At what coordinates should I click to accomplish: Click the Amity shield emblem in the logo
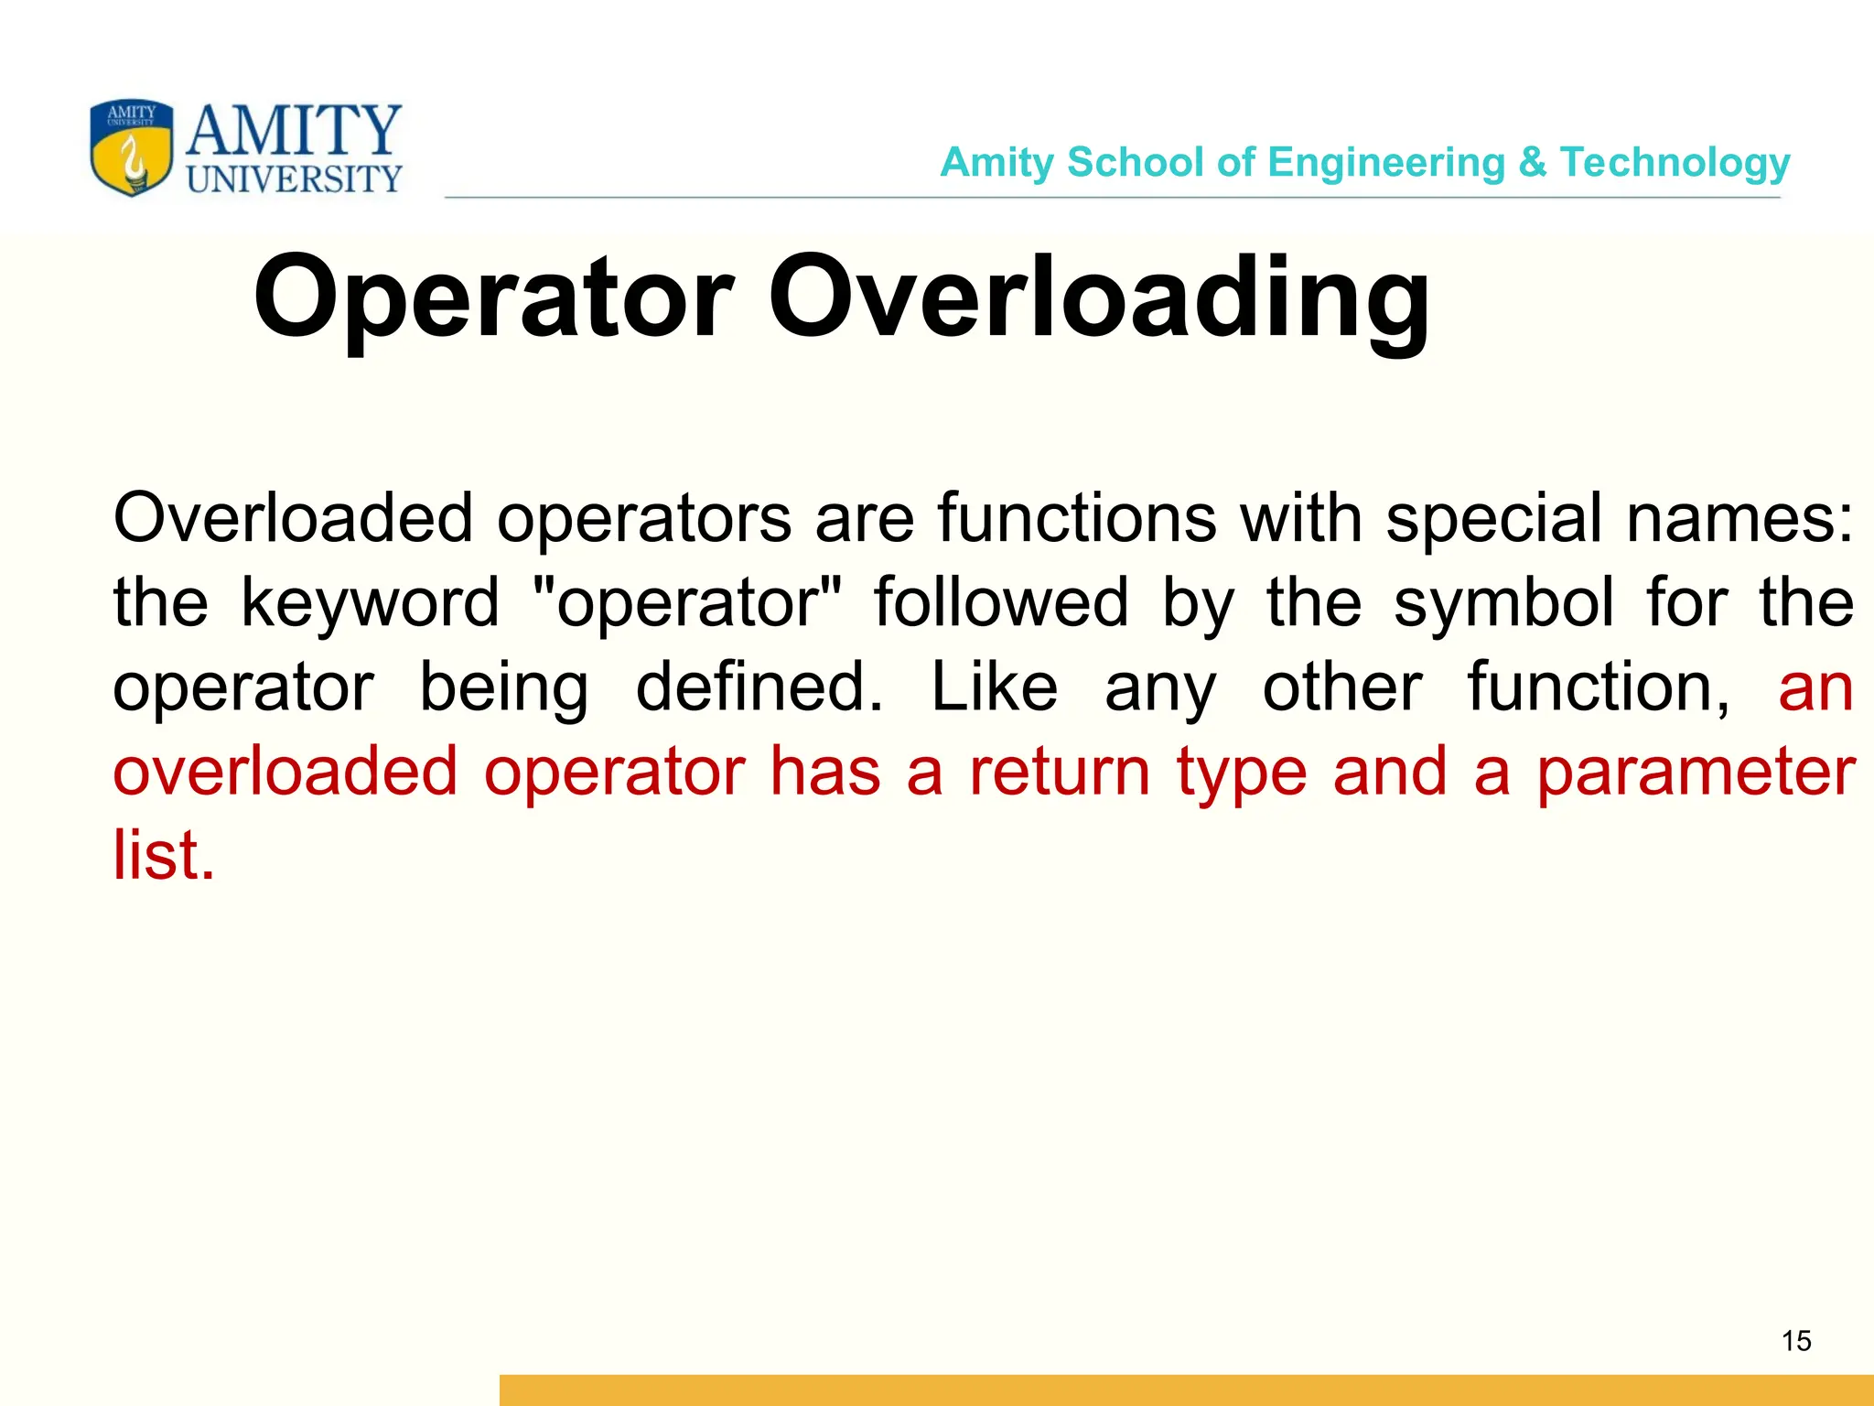(132, 147)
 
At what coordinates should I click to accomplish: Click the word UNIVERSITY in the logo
(294, 179)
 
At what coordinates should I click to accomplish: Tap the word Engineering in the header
(1386, 163)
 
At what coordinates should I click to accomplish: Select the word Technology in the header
(1675, 163)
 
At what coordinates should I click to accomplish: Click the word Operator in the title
(493, 298)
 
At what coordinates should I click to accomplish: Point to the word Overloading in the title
(1098, 298)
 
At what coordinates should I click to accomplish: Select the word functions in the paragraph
(1077, 518)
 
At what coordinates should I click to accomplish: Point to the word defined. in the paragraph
(759, 687)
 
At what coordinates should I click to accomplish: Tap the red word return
(1060, 772)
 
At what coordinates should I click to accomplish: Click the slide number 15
(1796, 1341)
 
